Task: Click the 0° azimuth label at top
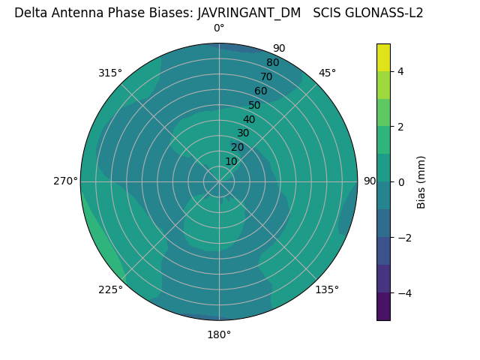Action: (219, 28)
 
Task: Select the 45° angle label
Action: (327, 73)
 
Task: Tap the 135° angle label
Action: (327, 289)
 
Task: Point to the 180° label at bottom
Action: (219, 334)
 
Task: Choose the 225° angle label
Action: (110, 289)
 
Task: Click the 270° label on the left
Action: (65, 181)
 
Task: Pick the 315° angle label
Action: (110, 73)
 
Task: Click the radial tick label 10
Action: (231, 161)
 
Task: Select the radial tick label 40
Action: (249, 119)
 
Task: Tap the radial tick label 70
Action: (266, 76)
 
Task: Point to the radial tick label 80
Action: (272, 62)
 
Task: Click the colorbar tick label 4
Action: (400, 71)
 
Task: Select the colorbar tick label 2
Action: (400, 127)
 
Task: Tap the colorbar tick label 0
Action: (400, 182)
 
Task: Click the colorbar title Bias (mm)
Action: (421, 181)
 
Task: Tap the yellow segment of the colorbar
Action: (383, 57)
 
